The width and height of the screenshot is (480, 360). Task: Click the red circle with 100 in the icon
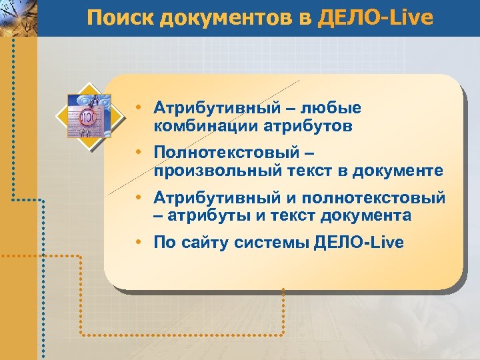tap(87, 119)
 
